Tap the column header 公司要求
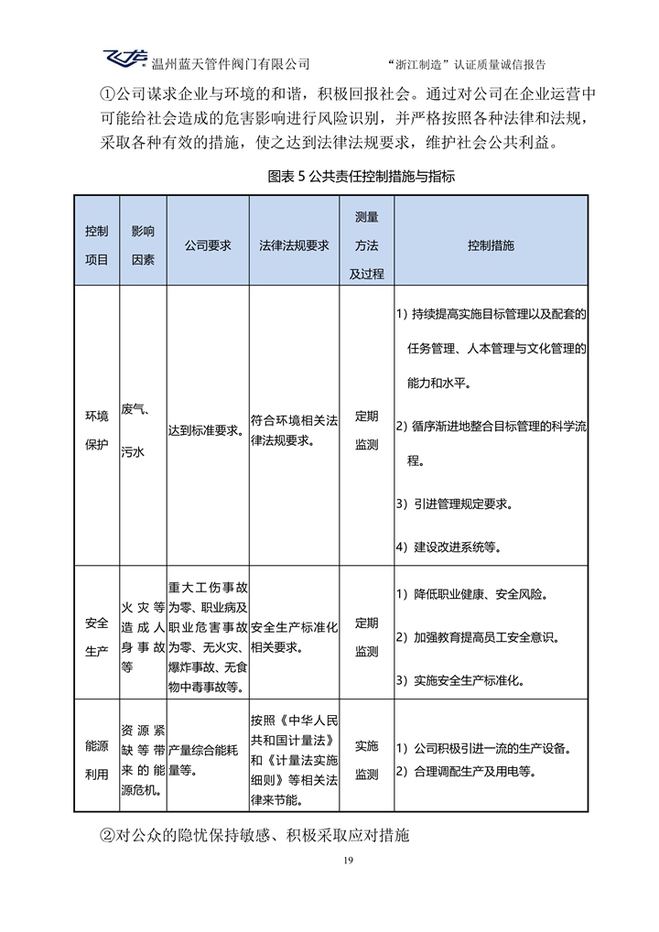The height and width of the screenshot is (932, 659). (208, 245)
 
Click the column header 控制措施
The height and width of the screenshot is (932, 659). (491, 245)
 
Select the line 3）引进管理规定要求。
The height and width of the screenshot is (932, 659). (455, 504)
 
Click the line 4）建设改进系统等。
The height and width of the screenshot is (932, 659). (448, 547)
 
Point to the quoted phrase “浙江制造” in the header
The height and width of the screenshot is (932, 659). (414, 64)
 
